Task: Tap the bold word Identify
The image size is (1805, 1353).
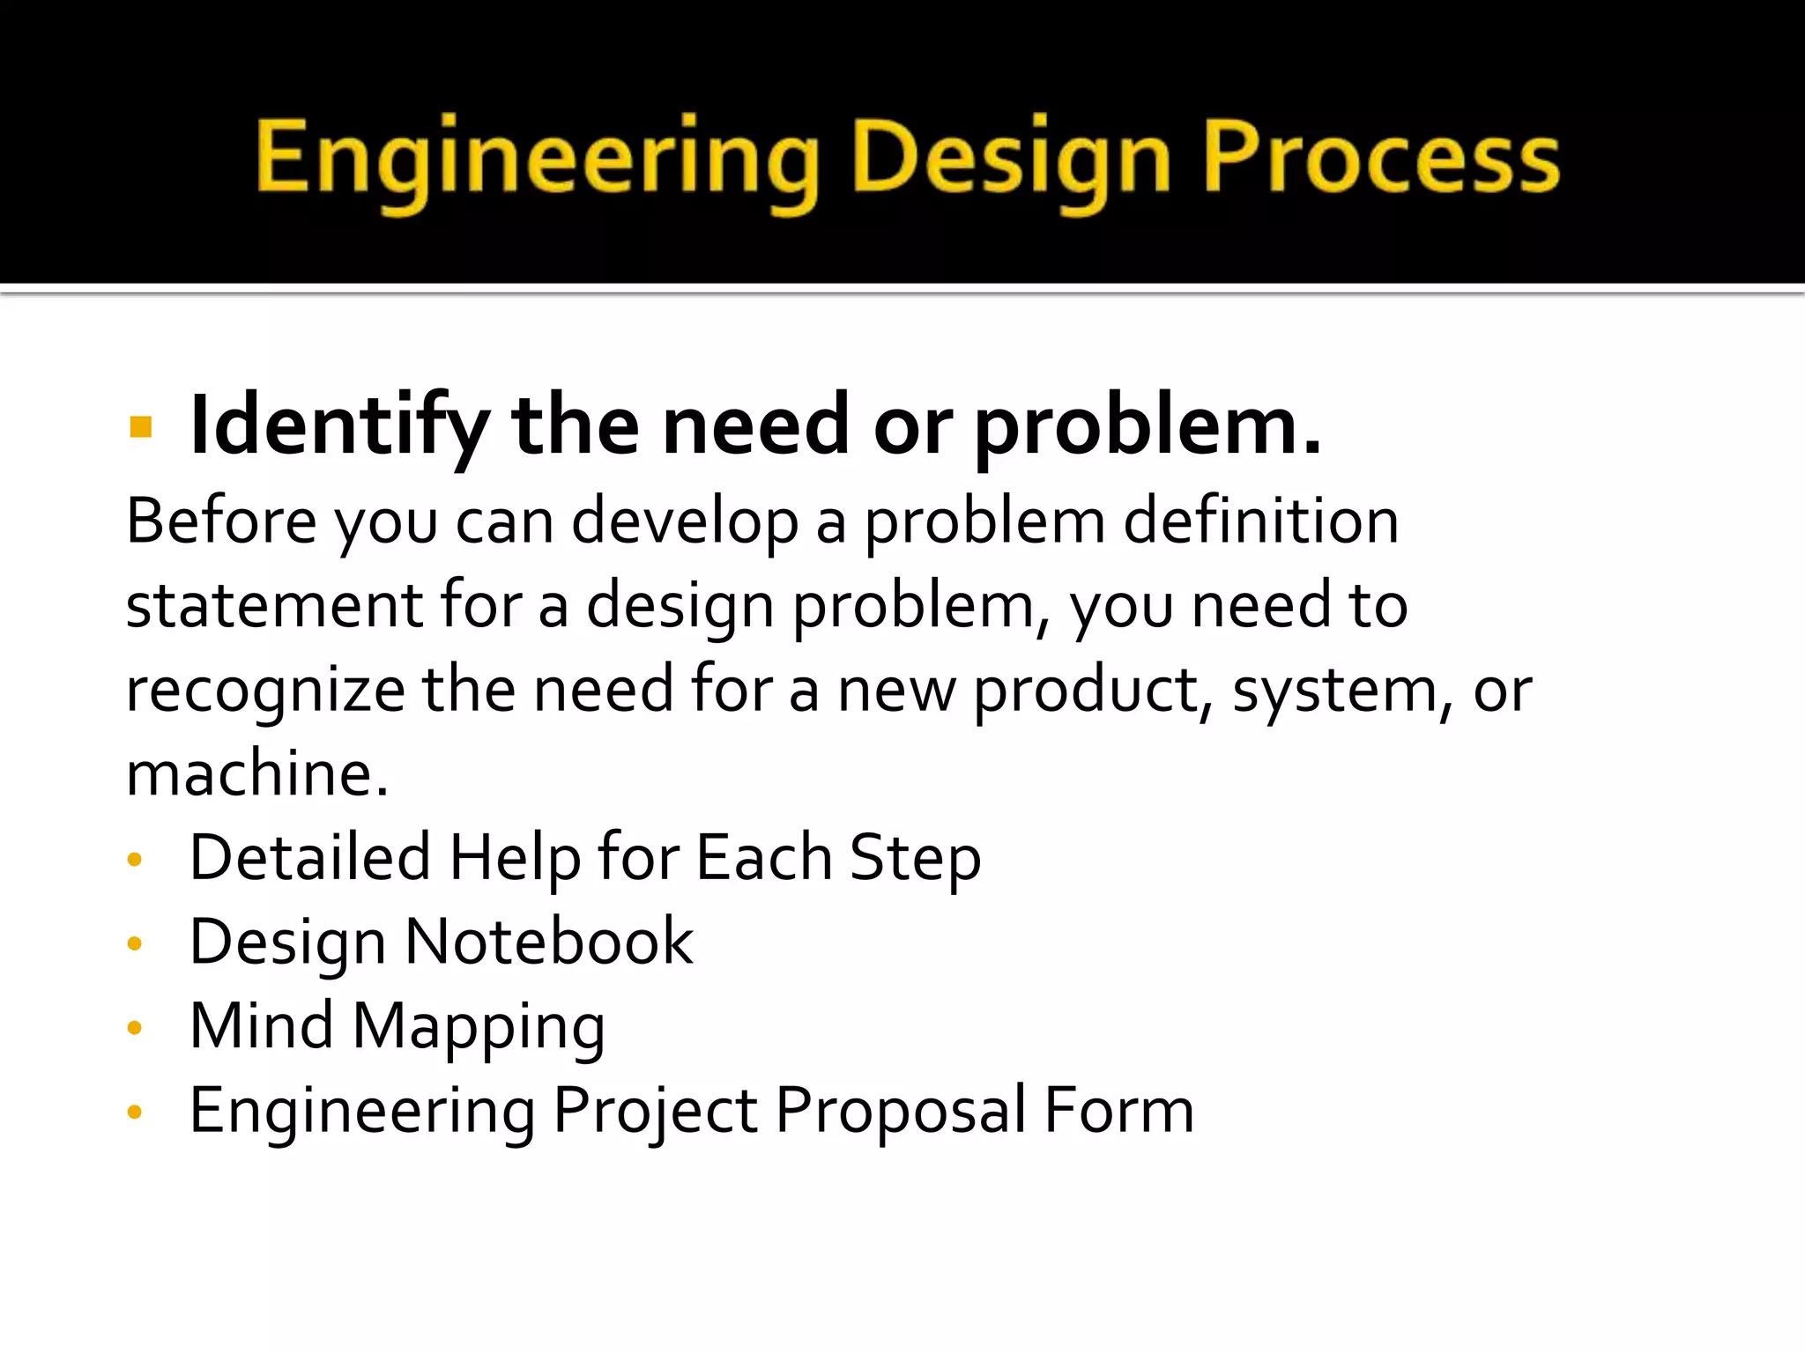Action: [338, 426]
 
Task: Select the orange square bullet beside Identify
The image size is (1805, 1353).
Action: [140, 428]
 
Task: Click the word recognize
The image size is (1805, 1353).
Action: [265, 691]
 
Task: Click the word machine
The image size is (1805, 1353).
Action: [256, 773]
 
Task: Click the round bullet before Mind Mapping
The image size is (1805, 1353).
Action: [135, 1028]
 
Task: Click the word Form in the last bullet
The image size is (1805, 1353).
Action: [1118, 1111]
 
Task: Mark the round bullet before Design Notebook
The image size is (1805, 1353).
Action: [135, 944]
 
